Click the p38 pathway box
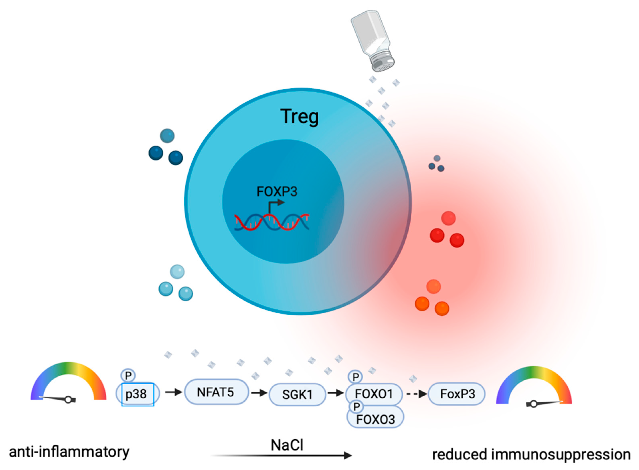tap(138, 394)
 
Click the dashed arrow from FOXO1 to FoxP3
tap(416, 394)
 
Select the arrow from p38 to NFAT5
tap(173, 392)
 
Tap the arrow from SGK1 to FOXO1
tap(335, 393)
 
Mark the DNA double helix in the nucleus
tap(272, 222)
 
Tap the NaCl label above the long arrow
tap(287, 445)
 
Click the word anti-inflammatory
tap(69, 452)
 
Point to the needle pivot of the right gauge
tap(534, 404)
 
